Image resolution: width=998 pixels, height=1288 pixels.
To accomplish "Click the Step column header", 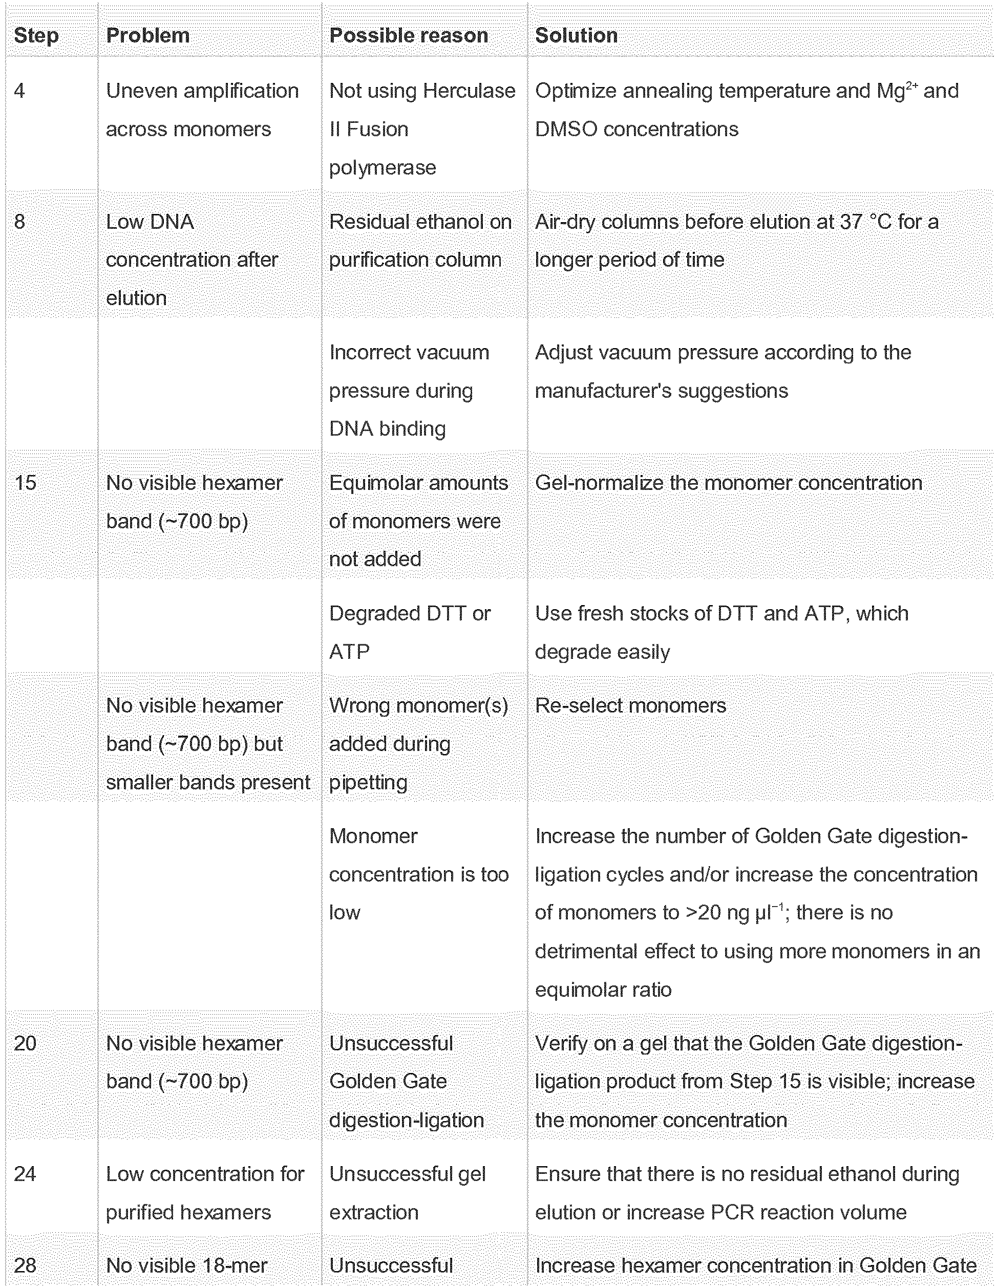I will (x=36, y=35).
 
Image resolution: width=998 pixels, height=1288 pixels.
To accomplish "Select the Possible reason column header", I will (x=408, y=35).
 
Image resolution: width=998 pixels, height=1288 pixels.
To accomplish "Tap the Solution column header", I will (x=576, y=35).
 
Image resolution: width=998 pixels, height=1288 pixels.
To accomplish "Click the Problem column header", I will (x=147, y=35).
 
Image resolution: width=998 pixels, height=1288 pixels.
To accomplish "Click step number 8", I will (x=19, y=222).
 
